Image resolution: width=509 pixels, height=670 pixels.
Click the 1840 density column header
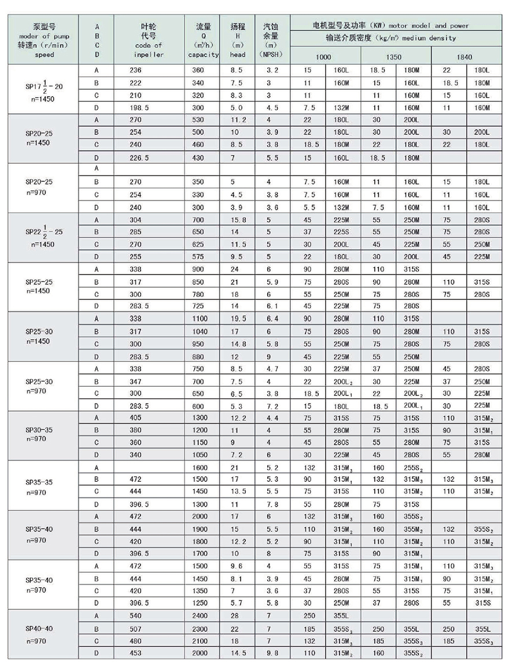pos(464,57)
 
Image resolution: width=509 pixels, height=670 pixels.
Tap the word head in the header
pos(238,55)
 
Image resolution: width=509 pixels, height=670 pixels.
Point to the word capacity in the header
pos(204,55)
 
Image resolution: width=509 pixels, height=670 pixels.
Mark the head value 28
pos(234,616)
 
